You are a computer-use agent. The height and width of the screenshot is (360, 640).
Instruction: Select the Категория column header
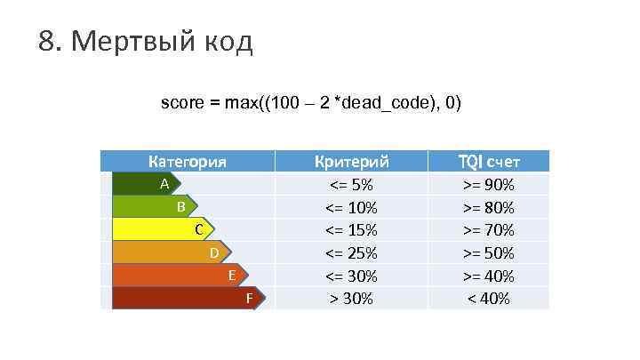pyautogui.click(x=187, y=162)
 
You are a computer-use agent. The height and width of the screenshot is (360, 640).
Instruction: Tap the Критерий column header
pyautogui.click(x=352, y=162)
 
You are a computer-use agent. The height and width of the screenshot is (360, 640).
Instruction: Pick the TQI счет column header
pyautogui.click(x=488, y=162)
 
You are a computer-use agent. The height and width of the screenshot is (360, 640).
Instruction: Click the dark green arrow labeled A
pyautogui.click(x=147, y=184)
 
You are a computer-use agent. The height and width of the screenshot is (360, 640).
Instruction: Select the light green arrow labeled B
pyautogui.click(x=155, y=207)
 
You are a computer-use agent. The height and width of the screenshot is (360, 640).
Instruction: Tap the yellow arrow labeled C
pyautogui.click(x=164, y=230)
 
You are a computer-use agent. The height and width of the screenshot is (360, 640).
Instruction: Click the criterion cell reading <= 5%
pyautogui.click(x=352, y=185)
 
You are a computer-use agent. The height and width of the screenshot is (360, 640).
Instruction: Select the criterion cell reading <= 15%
pyautogui.click(x=352, y=230)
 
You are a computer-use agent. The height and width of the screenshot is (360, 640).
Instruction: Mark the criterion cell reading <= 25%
pyautogui.click(x=352, y=253)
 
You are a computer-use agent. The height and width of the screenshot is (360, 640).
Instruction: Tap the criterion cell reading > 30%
pyautogui.click(x=352, y=299)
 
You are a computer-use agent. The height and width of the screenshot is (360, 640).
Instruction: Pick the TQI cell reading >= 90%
pyautogui.click(x=488, y=185)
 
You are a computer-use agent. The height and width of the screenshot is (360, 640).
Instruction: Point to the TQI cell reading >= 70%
pyautogui.click(x=488, y=230)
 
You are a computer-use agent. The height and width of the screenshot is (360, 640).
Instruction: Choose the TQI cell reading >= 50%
pyautogui.click(x=488, y=253)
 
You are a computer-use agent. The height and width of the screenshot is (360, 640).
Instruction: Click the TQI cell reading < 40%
pyautogui.click(x=488, y=299)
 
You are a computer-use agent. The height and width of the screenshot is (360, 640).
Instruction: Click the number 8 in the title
pyautogui.click(x=47, y=41)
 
